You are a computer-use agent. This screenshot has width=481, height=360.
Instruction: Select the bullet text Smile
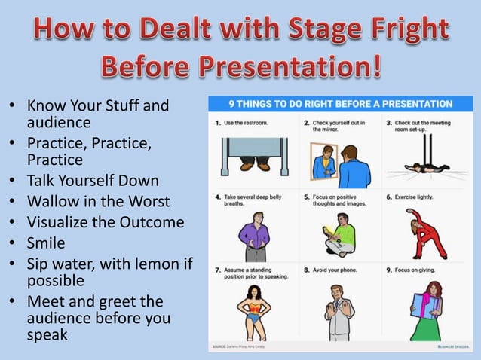click(x=46, y=243)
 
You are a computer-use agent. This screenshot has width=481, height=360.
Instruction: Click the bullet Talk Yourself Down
click(x=93, y=181)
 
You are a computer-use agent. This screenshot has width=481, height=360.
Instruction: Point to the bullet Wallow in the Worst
click(x=98, y=201)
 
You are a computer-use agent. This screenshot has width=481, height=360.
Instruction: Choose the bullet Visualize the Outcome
click(x=106, y=222)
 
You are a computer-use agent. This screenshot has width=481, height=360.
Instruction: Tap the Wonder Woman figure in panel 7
click(x=254, y=310)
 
